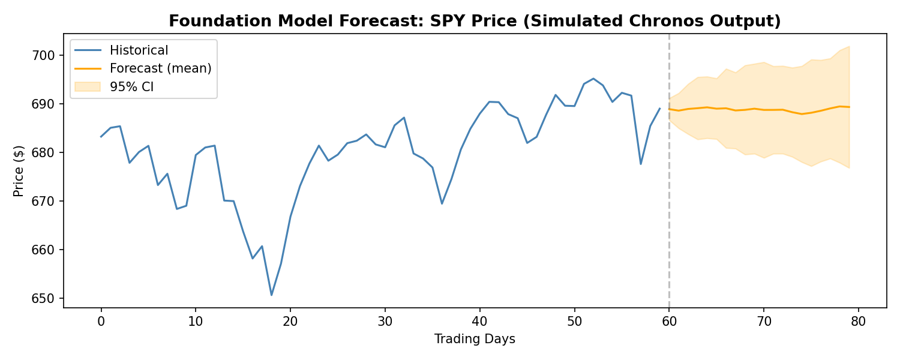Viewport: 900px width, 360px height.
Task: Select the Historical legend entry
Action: [139, 50]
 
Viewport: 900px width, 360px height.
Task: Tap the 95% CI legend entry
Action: [131, 86]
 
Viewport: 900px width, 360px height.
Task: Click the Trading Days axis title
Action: [475, 339]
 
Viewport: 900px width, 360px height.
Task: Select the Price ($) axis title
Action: [19, 172]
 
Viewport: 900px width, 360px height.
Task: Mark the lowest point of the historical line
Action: [271, 295]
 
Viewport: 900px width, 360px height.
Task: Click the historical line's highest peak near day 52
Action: [593, 79]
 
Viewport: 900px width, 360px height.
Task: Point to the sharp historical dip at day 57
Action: [641, 164]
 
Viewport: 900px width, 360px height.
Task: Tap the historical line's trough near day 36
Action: [442, 203]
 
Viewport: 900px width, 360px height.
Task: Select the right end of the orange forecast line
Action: [849, 107]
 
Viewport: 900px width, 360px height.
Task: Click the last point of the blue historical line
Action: [659, 109]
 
